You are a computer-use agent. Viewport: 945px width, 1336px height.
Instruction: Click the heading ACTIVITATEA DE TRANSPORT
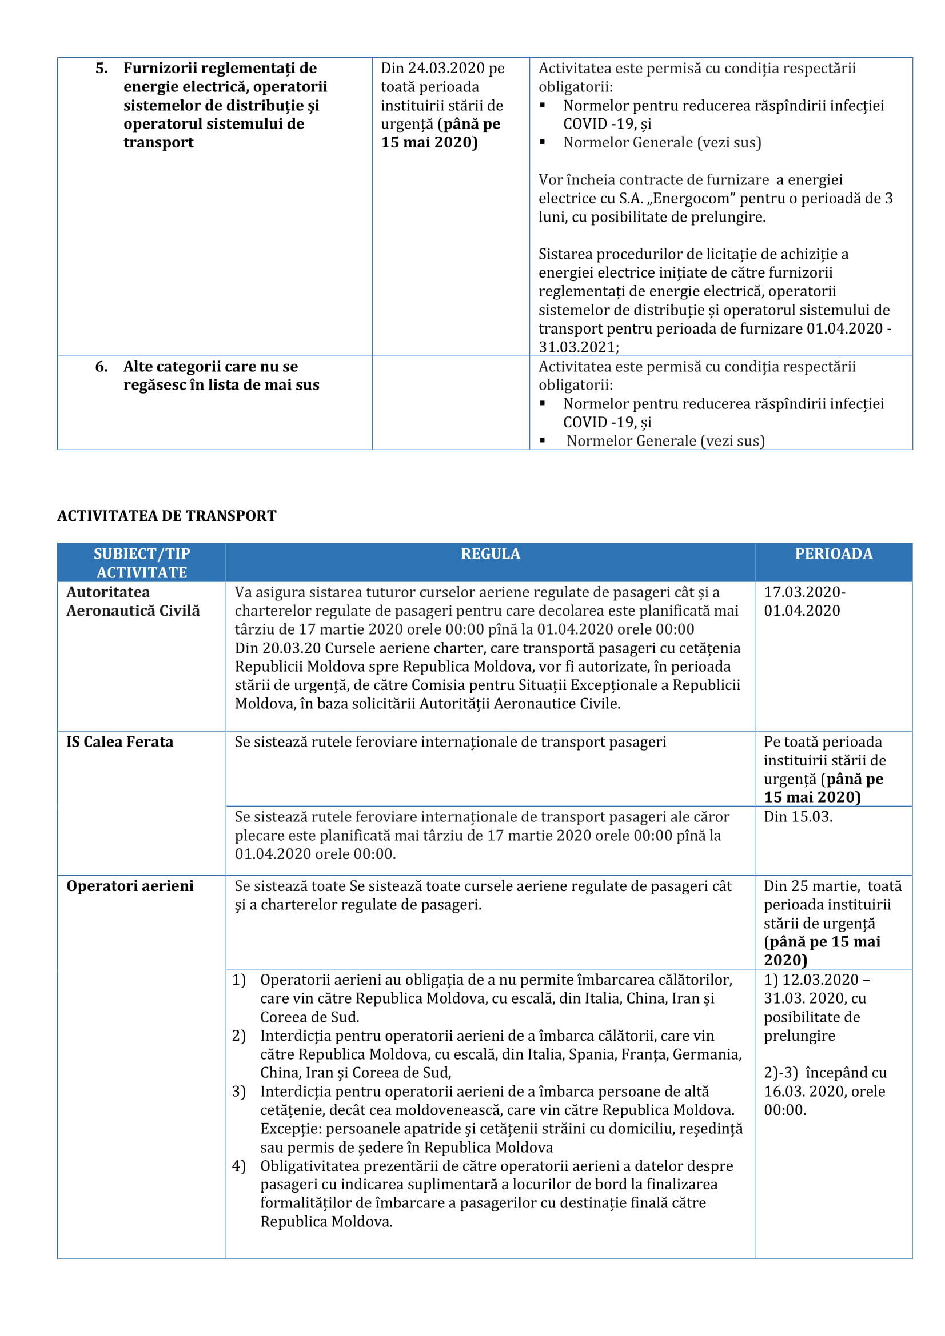tap(166, 516)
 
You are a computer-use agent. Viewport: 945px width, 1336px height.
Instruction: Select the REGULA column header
tap(491, 554)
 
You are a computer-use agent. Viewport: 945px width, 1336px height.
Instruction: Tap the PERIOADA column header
tap(833, 554)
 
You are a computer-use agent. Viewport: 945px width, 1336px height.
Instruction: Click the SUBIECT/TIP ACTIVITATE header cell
tap(141, 563)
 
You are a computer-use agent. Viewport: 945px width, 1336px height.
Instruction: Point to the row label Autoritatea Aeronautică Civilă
tap(133, 601)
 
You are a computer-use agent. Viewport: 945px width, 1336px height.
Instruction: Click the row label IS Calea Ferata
tap(119, 742)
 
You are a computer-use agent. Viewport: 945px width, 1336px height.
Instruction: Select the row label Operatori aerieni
tap(130, 886)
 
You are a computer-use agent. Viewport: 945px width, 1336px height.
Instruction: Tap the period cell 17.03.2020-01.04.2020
tap(804, 601)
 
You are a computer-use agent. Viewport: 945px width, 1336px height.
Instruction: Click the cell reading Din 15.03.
tap(798, 816)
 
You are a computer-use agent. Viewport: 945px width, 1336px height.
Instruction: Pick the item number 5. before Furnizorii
tap(102, 68)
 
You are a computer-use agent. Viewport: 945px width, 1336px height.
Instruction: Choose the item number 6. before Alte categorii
tap(102, 367)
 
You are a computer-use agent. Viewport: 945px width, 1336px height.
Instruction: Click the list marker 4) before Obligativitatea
tap(239, 1166)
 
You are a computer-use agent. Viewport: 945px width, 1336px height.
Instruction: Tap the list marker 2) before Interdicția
tap(239, 1035)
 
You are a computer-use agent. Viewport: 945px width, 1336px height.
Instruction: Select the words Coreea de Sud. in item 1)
tap(309, 1017)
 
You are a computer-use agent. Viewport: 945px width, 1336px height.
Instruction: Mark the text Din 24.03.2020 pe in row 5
tap(442, 68)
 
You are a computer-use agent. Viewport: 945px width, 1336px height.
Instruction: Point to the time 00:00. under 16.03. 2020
tap(785, 1110)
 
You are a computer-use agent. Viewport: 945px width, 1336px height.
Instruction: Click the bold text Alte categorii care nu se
tap(210, 367)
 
